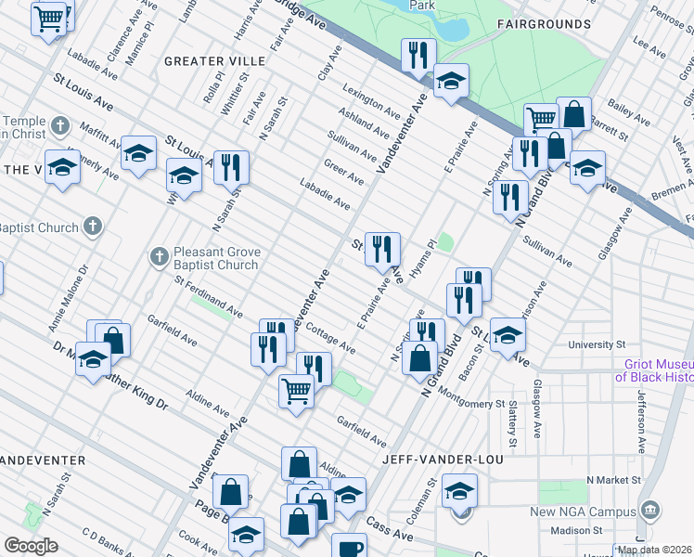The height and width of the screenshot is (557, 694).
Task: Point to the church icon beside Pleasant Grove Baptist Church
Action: point(159,254)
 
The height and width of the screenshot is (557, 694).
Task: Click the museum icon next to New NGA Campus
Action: point(650,510)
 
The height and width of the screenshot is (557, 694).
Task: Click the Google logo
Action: point(31,546)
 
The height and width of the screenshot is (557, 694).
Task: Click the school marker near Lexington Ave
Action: point(451,82)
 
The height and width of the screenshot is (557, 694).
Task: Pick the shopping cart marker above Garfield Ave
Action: point(296,391)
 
